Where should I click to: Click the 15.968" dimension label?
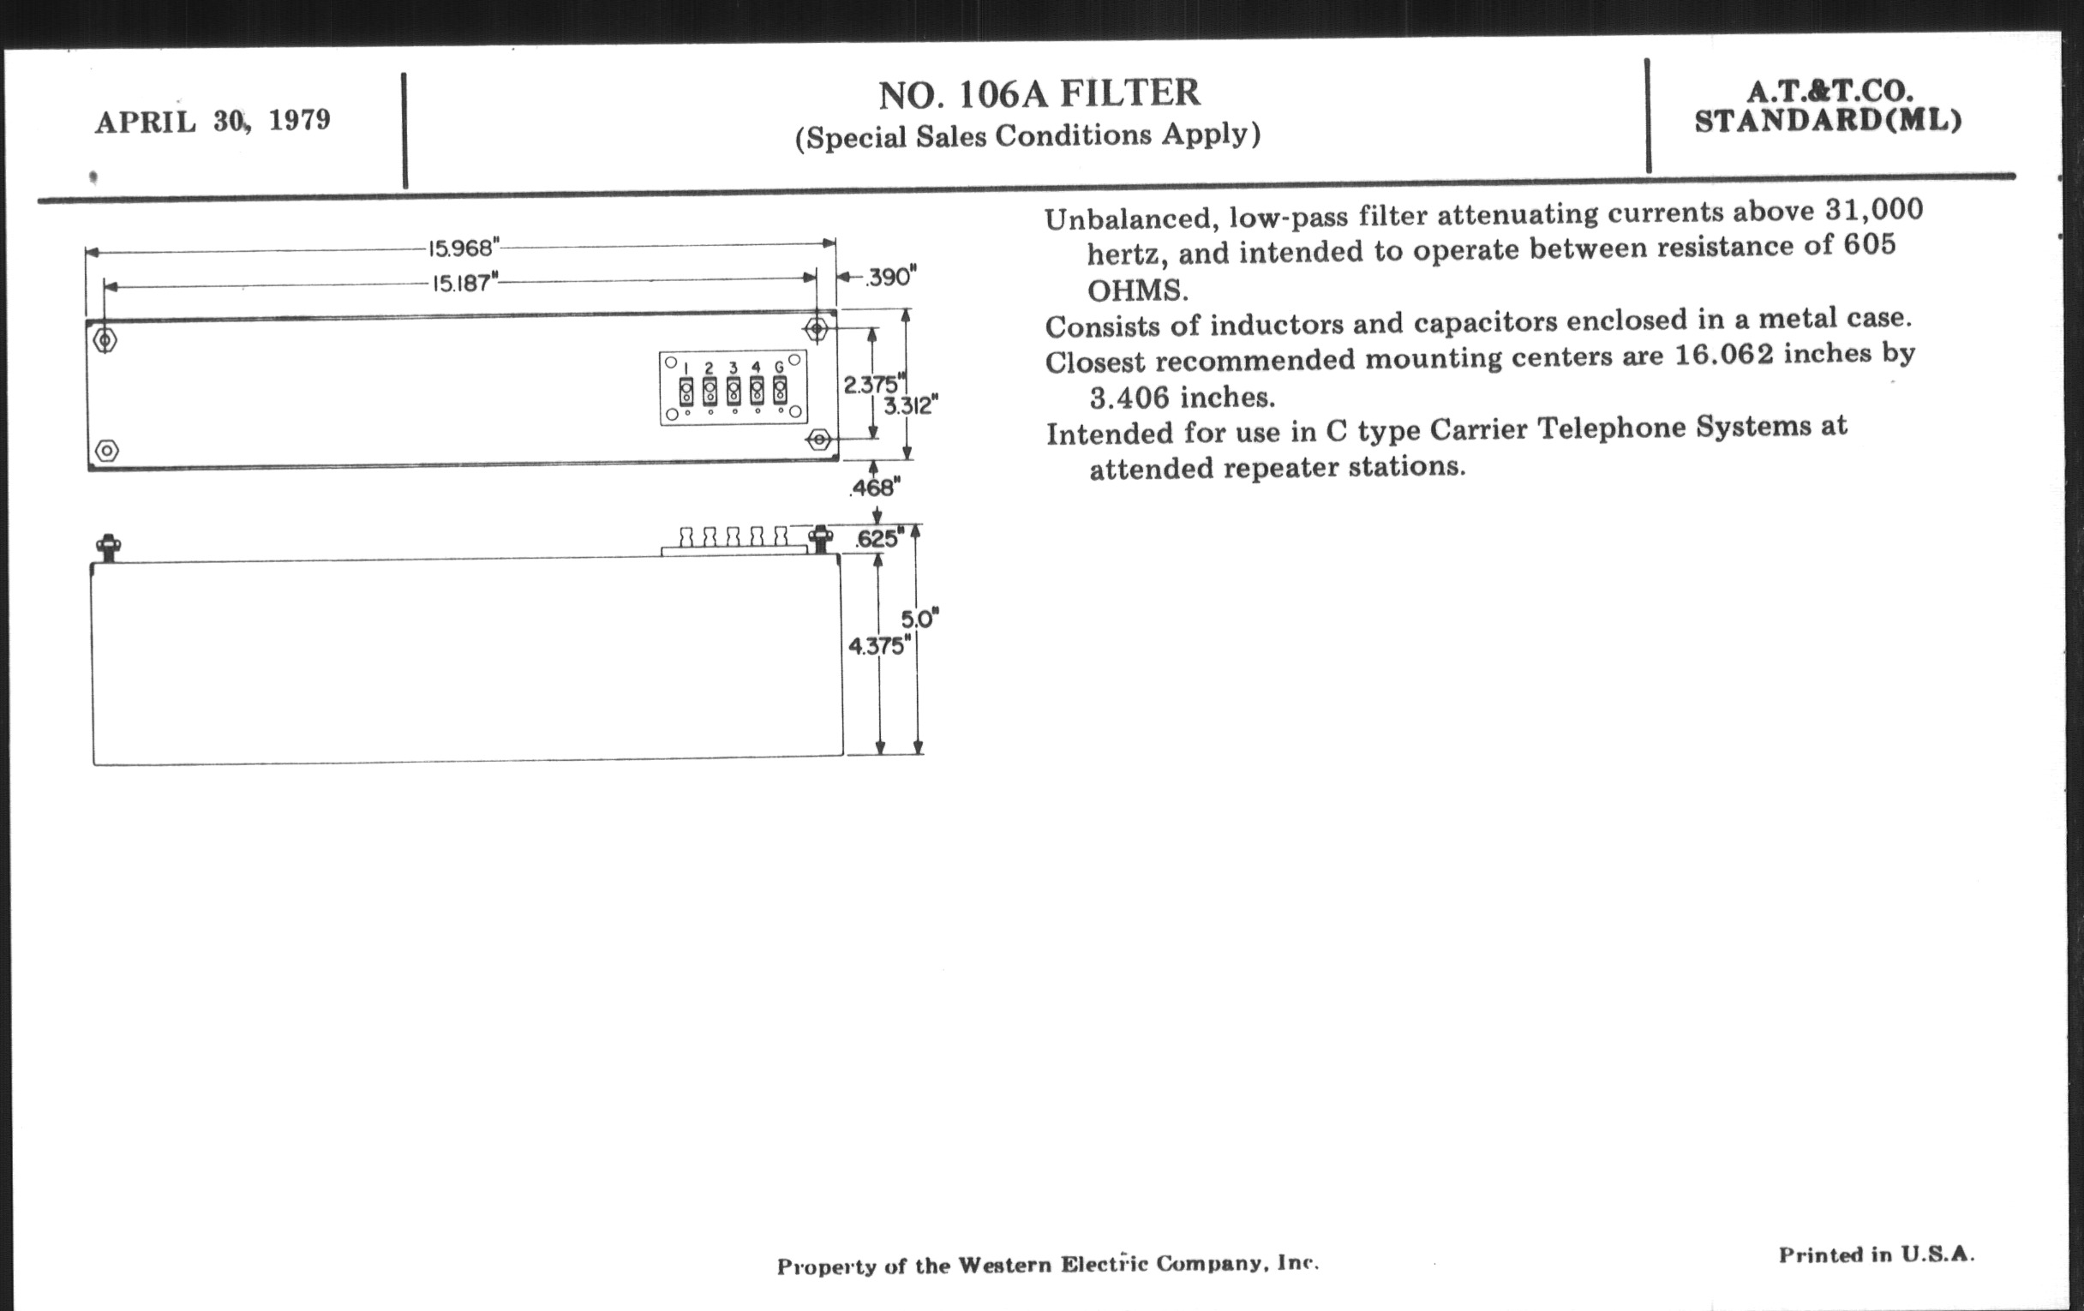tap(463, 248)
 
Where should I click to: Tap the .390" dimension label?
tap(889, 277)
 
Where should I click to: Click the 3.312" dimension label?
tap(910, 405)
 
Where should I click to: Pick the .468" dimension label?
tap(874, 488)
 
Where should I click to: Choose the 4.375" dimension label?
tap(877, 645)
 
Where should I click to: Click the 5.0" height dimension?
tap(919, 618)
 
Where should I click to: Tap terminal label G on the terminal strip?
tap(779, 367)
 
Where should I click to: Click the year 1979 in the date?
tap(298, 119)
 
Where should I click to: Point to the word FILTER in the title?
tap(1130, 93)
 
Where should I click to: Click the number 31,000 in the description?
tap(1874, 209)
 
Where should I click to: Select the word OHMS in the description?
tap(1137, 290)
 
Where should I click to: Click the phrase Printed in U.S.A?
tap(1877, 1254)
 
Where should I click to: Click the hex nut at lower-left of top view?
tap(106, 451)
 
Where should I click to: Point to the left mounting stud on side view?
tap(108, 548)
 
